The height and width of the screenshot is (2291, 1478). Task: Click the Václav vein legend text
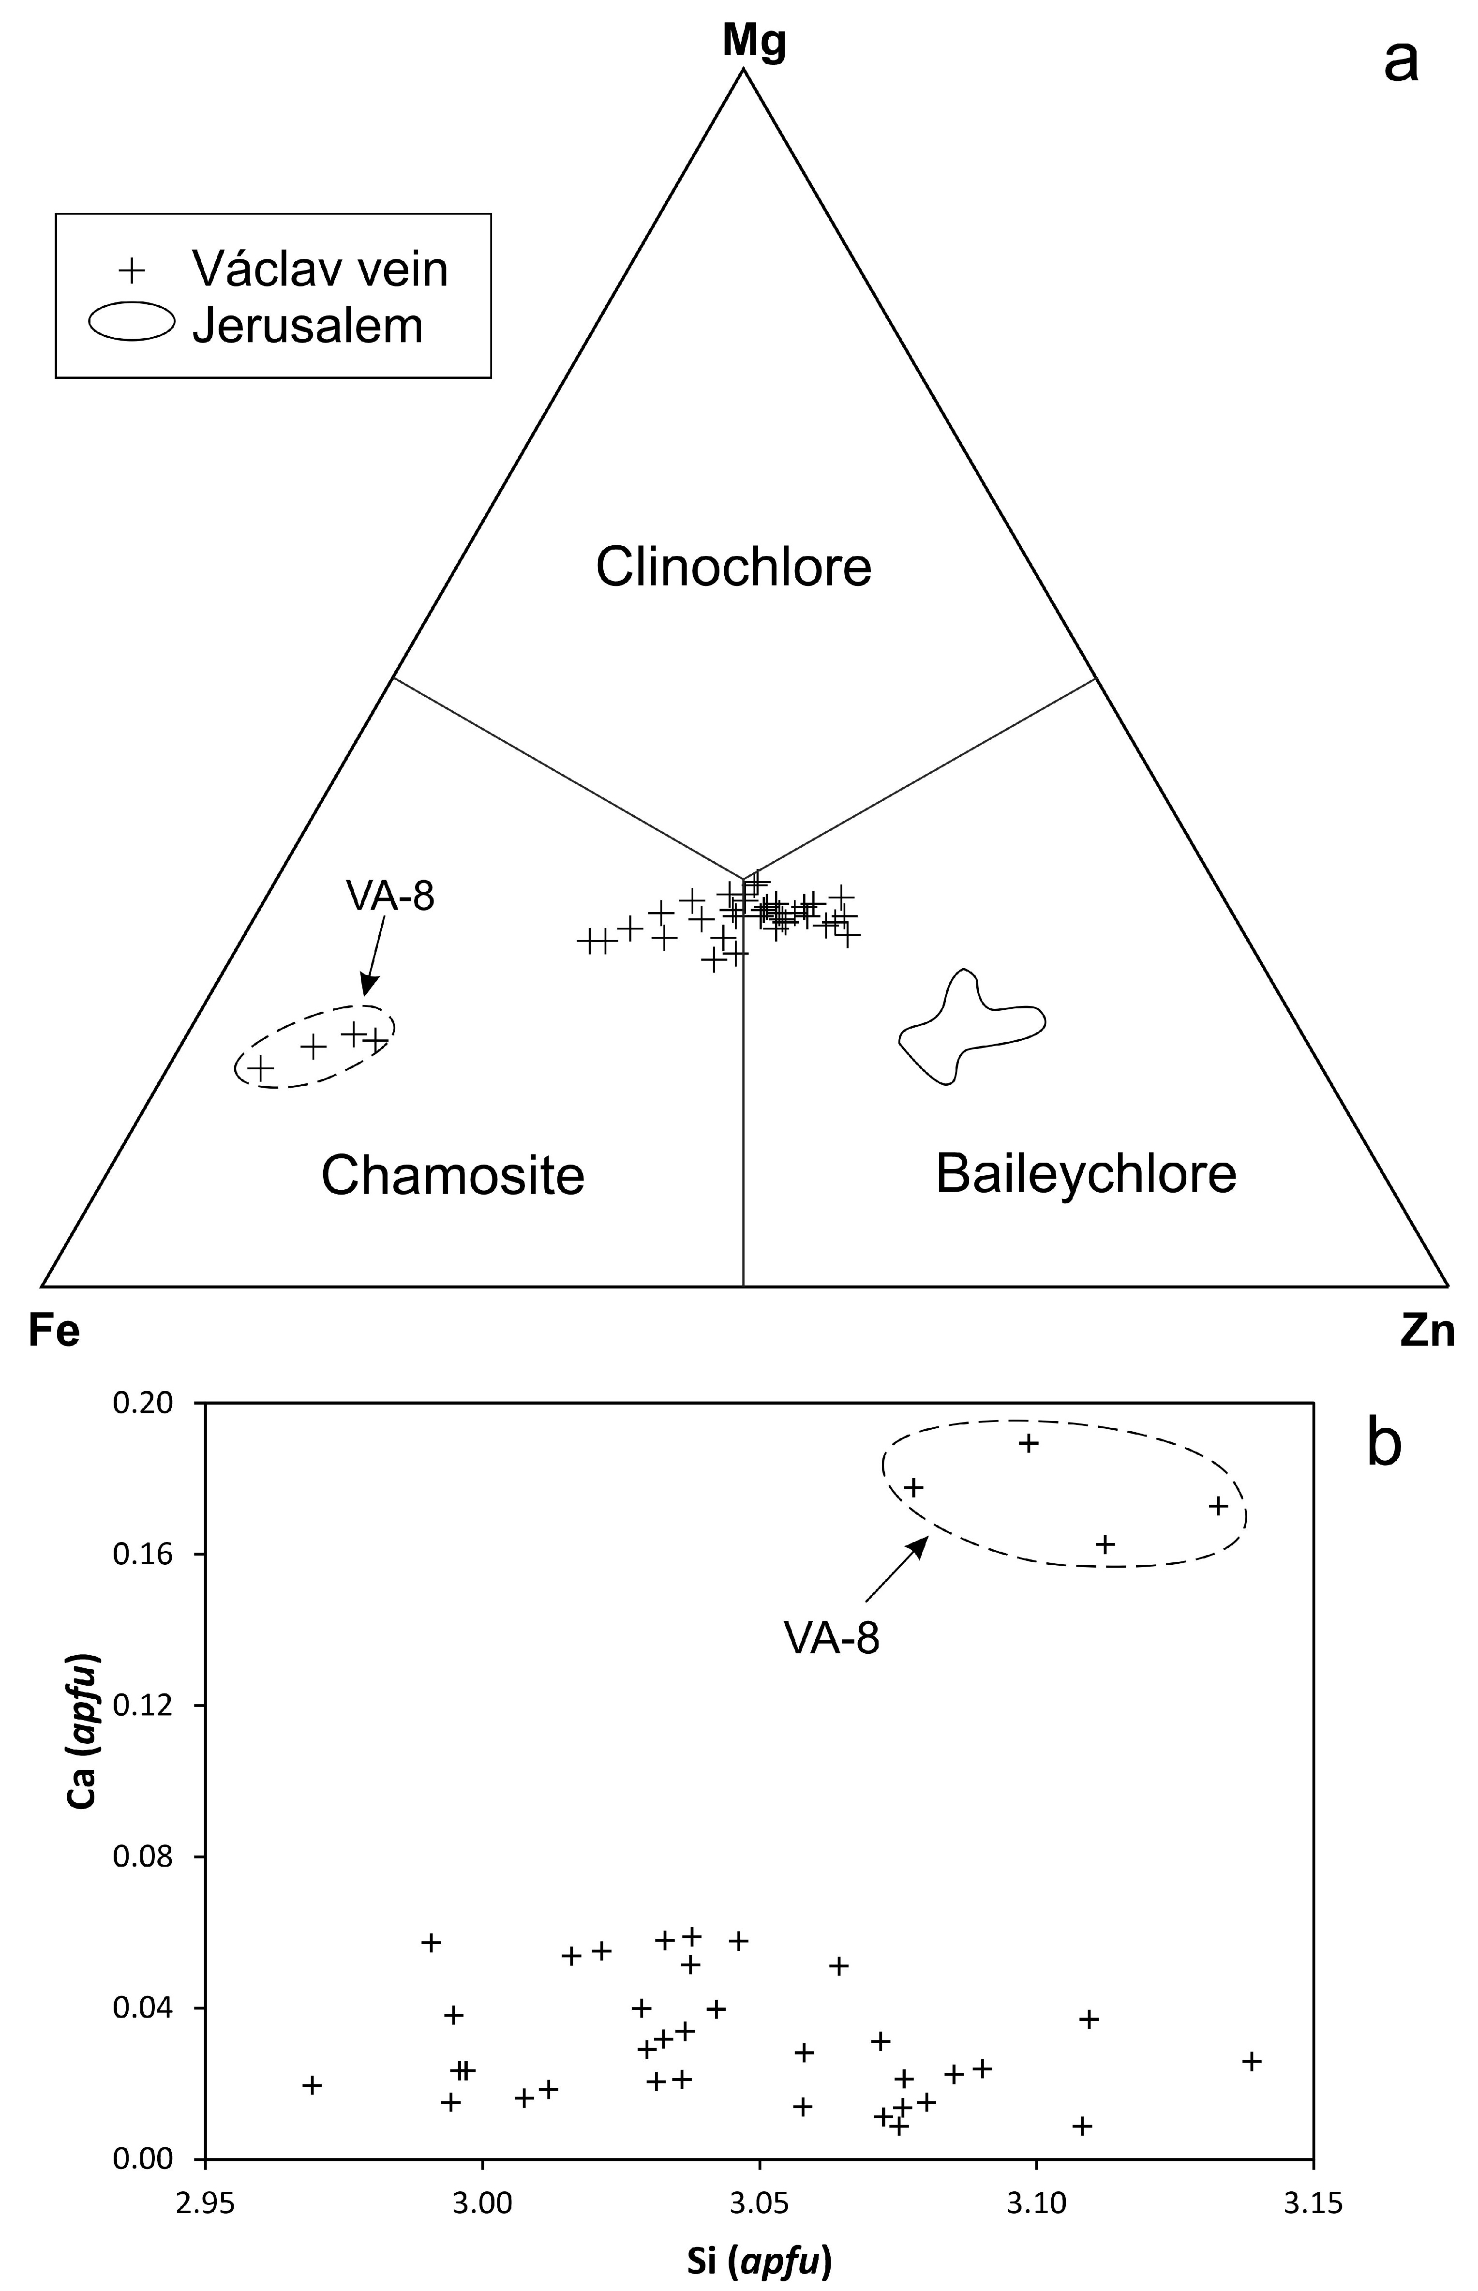tap(320, 270)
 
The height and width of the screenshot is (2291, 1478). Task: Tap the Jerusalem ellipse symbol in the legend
tap(132, 323)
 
